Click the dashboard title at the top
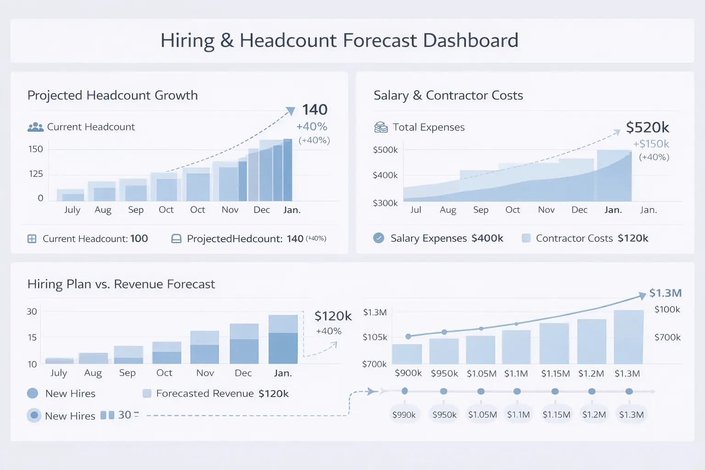click(339, 40)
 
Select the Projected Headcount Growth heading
click(112, 95)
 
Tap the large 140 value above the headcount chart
click(314, 110)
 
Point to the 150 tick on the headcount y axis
click(35, 149)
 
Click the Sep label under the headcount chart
click(136, 210)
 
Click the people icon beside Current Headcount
click(35, 127)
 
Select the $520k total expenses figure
click(647, 127)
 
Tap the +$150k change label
click(651, 144)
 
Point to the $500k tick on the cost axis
click(385, 150)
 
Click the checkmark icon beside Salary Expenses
click(379, 238)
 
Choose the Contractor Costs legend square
click(526, 238)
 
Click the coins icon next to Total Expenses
click(381, 127)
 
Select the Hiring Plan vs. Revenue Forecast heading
click(121, 284)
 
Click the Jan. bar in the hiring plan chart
click(283, 340)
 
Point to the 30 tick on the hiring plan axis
click(32, 312)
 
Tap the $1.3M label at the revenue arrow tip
click(665, 293)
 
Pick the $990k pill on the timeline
click(404, 414)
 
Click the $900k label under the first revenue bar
click(408, 373)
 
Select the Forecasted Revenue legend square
click(147, 393)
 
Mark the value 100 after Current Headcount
click(139, 239)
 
